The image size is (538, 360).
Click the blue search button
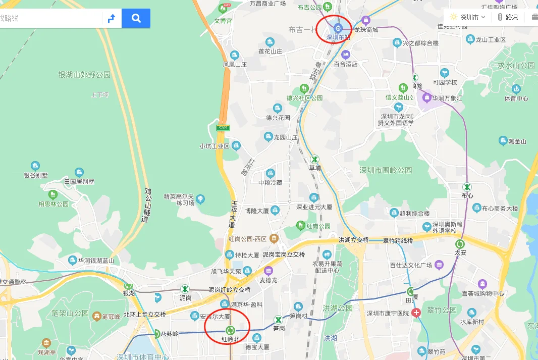coord(136,19)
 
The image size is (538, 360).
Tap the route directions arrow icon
coord(112,19)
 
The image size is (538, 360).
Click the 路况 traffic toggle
coord(508,17)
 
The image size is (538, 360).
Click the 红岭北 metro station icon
coord(230,330)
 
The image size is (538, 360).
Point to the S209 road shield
coord(223,128)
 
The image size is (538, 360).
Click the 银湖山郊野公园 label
coord(84,75)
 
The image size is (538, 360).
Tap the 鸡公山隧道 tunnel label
coord(147,205)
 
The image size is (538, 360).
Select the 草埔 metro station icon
coord(315,159)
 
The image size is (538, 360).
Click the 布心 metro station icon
coord(467,187)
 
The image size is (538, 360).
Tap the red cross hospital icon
coord(416,313)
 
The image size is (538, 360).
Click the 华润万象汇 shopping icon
coord(427,97)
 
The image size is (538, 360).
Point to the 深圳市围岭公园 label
coord(386,170)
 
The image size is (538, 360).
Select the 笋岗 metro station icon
coord(278,320)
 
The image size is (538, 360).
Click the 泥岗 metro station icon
coord(186,289)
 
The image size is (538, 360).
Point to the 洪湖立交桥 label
coord(353,240)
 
